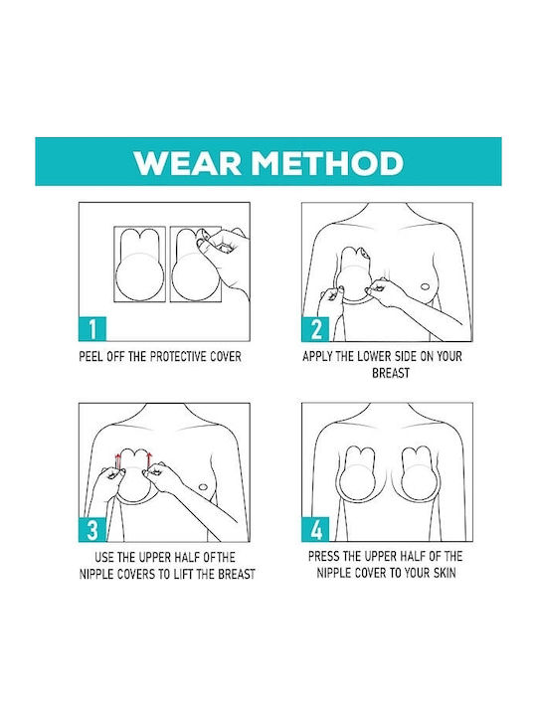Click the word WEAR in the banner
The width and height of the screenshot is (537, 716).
click(188, 162)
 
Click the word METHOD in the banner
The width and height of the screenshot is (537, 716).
click(328, 162)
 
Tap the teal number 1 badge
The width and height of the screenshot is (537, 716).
click(92, 329)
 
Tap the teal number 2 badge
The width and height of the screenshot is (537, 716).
click(315, 329)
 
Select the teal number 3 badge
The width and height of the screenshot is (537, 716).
click(92, 530)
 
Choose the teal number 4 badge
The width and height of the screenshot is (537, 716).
click(315, 530)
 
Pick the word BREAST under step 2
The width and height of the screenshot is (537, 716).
click(391, 373)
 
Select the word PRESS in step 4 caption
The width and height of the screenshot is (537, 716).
click(324, 556)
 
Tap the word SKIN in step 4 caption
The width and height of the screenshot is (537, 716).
click(445, 573)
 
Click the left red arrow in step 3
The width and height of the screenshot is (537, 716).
click(117, 461)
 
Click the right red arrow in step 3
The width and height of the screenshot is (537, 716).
click(148, 461)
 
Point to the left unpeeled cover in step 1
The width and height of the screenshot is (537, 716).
click(139, 264)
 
